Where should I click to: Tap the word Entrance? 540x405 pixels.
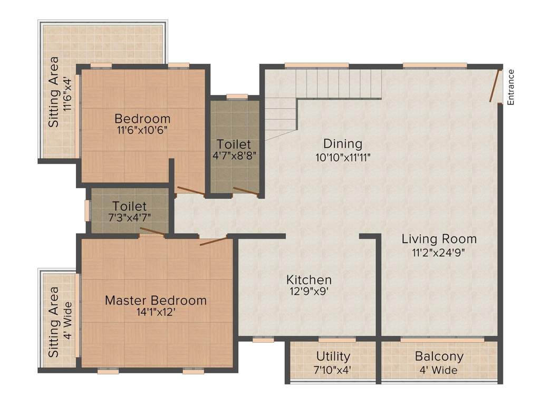510,88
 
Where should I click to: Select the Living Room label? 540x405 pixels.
439,239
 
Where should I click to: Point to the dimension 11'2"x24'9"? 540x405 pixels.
439,253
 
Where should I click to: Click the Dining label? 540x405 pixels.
343,143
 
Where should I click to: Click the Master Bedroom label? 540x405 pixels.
156,301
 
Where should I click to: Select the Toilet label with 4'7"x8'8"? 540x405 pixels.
234,144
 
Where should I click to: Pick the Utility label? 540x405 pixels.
333,356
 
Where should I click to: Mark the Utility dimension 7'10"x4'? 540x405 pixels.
333,370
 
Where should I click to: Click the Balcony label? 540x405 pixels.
439,356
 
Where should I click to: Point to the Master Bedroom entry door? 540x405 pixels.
214,242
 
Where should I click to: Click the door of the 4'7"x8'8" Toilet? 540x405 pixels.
246,191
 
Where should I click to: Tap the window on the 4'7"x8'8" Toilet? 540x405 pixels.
237,97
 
